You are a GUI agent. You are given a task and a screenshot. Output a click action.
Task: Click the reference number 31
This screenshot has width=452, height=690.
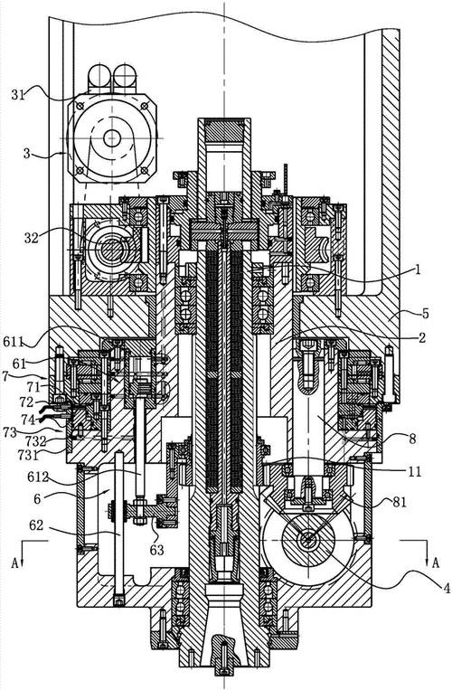coord(18,94)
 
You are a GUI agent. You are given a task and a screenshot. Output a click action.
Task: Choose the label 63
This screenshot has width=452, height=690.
coord(157,550)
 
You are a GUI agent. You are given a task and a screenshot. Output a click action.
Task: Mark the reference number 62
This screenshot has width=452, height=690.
coord(37,525)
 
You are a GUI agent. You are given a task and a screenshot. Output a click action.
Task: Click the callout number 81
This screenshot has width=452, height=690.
coord(400,502)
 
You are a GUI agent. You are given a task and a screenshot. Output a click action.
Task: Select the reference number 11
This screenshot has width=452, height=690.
coord(414,472)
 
